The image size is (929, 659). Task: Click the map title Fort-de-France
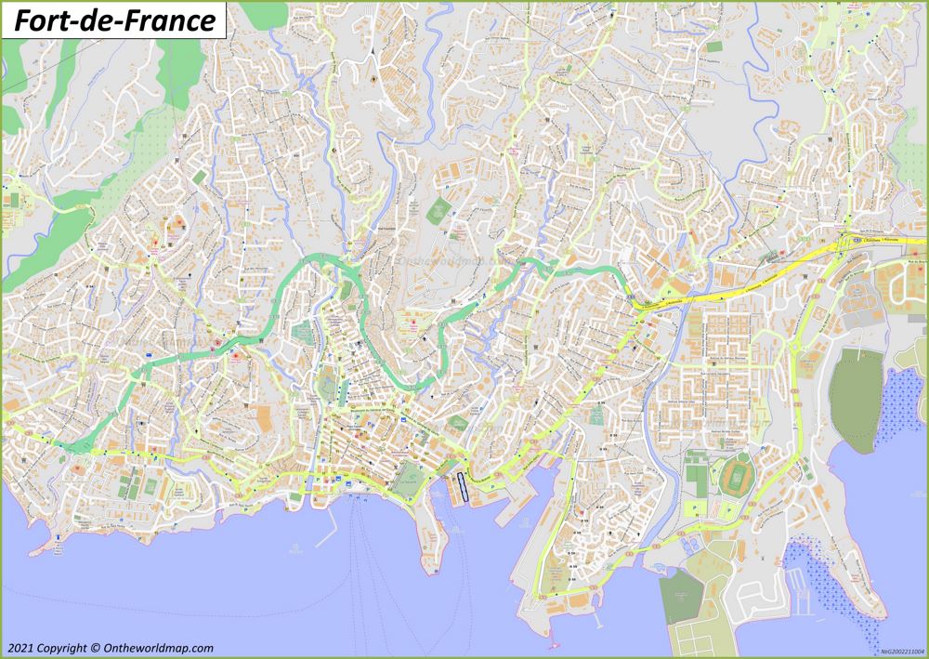click(x=113, y=20)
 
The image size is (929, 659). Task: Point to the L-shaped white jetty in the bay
click(x=325, y=534)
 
